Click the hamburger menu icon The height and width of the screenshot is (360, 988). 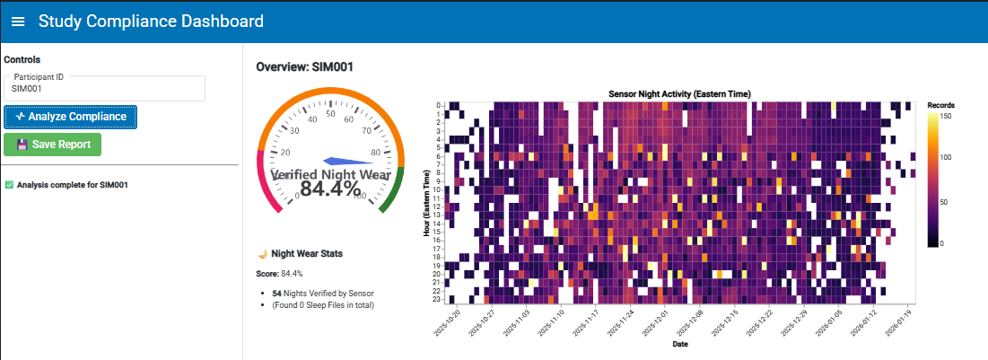(x=19, y=21)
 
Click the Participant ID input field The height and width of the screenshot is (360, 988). (x=105, y=89)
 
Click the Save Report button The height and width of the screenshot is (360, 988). (x=53, y=144)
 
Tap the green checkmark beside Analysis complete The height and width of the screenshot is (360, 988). (x=9, y=186)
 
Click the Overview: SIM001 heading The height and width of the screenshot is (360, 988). (x=302, y=67)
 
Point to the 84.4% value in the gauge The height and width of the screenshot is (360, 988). (x=330, y=189)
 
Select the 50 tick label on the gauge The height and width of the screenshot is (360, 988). (x=330, y=113)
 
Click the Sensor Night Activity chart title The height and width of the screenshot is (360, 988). (x=679, y=93)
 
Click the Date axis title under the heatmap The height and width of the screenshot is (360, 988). (x=679, y=344)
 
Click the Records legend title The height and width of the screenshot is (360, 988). (x=940, y=105)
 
